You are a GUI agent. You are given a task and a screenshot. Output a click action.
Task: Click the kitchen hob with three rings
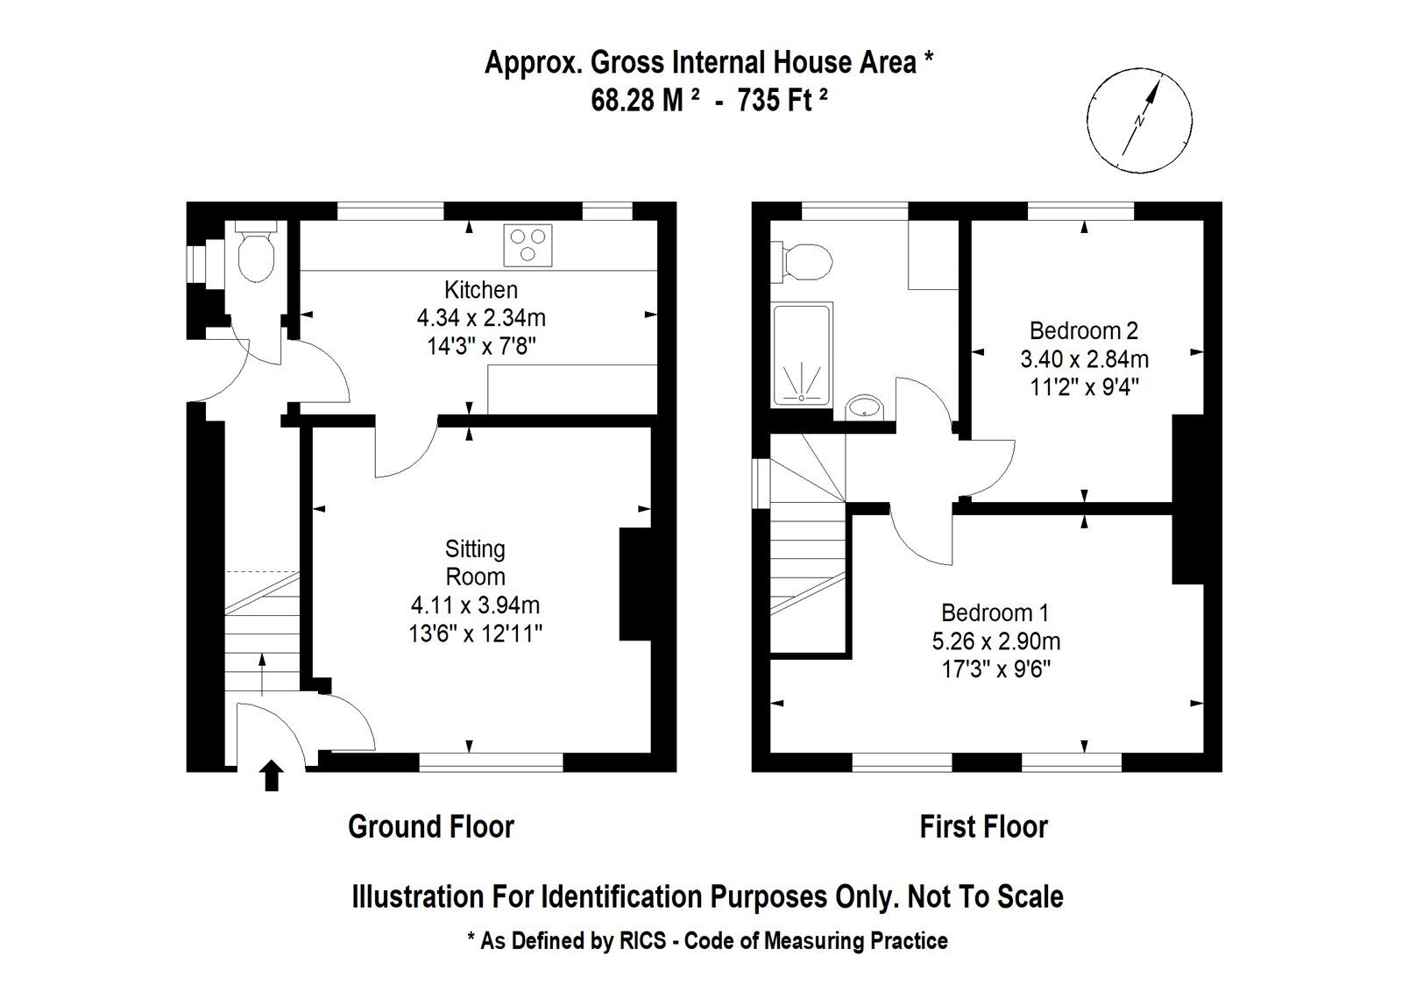528,245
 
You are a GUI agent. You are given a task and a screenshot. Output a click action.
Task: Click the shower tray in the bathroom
803,354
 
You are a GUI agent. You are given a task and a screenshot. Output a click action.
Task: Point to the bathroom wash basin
864,408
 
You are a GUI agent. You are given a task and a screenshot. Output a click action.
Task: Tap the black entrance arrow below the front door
271,775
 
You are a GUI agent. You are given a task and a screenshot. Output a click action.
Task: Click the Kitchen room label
481,290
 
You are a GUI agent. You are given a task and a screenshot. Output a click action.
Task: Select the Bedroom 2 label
1084,330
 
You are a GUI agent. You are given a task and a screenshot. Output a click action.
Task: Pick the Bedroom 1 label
995,612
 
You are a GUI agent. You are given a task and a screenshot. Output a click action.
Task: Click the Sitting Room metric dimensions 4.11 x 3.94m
475,605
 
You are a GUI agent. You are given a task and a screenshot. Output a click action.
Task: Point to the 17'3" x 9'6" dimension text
995,670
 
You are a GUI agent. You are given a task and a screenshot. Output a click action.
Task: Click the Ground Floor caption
431,826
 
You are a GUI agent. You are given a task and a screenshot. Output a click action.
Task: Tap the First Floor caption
984,826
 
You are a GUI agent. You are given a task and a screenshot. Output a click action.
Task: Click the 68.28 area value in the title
623,100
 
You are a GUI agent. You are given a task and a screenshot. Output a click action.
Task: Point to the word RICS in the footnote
643,940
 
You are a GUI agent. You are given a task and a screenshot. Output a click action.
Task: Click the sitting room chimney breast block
635,584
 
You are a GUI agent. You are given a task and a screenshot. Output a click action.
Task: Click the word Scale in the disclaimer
1030,896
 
